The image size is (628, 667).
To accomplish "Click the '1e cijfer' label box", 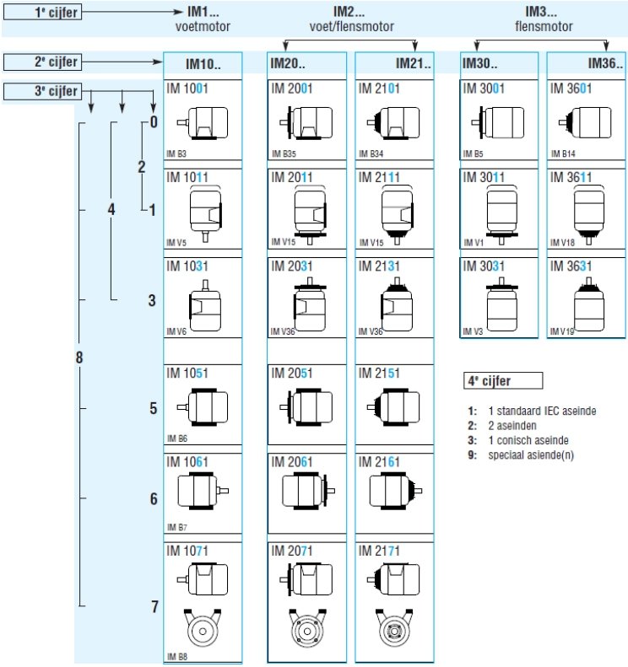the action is point(42,13).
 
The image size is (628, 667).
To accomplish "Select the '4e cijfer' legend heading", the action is point(503,380).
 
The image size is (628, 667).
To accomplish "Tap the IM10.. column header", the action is point(203,64).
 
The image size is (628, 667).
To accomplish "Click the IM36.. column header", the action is point(586,64).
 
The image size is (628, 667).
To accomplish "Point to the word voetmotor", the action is point(203,26).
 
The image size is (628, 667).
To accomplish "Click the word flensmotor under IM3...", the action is point(544,26).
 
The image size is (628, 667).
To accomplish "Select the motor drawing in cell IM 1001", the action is point(203,123).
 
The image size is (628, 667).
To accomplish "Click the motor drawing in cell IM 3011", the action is point(501,215).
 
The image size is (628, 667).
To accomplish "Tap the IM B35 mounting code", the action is point(284,153).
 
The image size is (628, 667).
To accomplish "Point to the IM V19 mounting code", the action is point(562,331).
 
